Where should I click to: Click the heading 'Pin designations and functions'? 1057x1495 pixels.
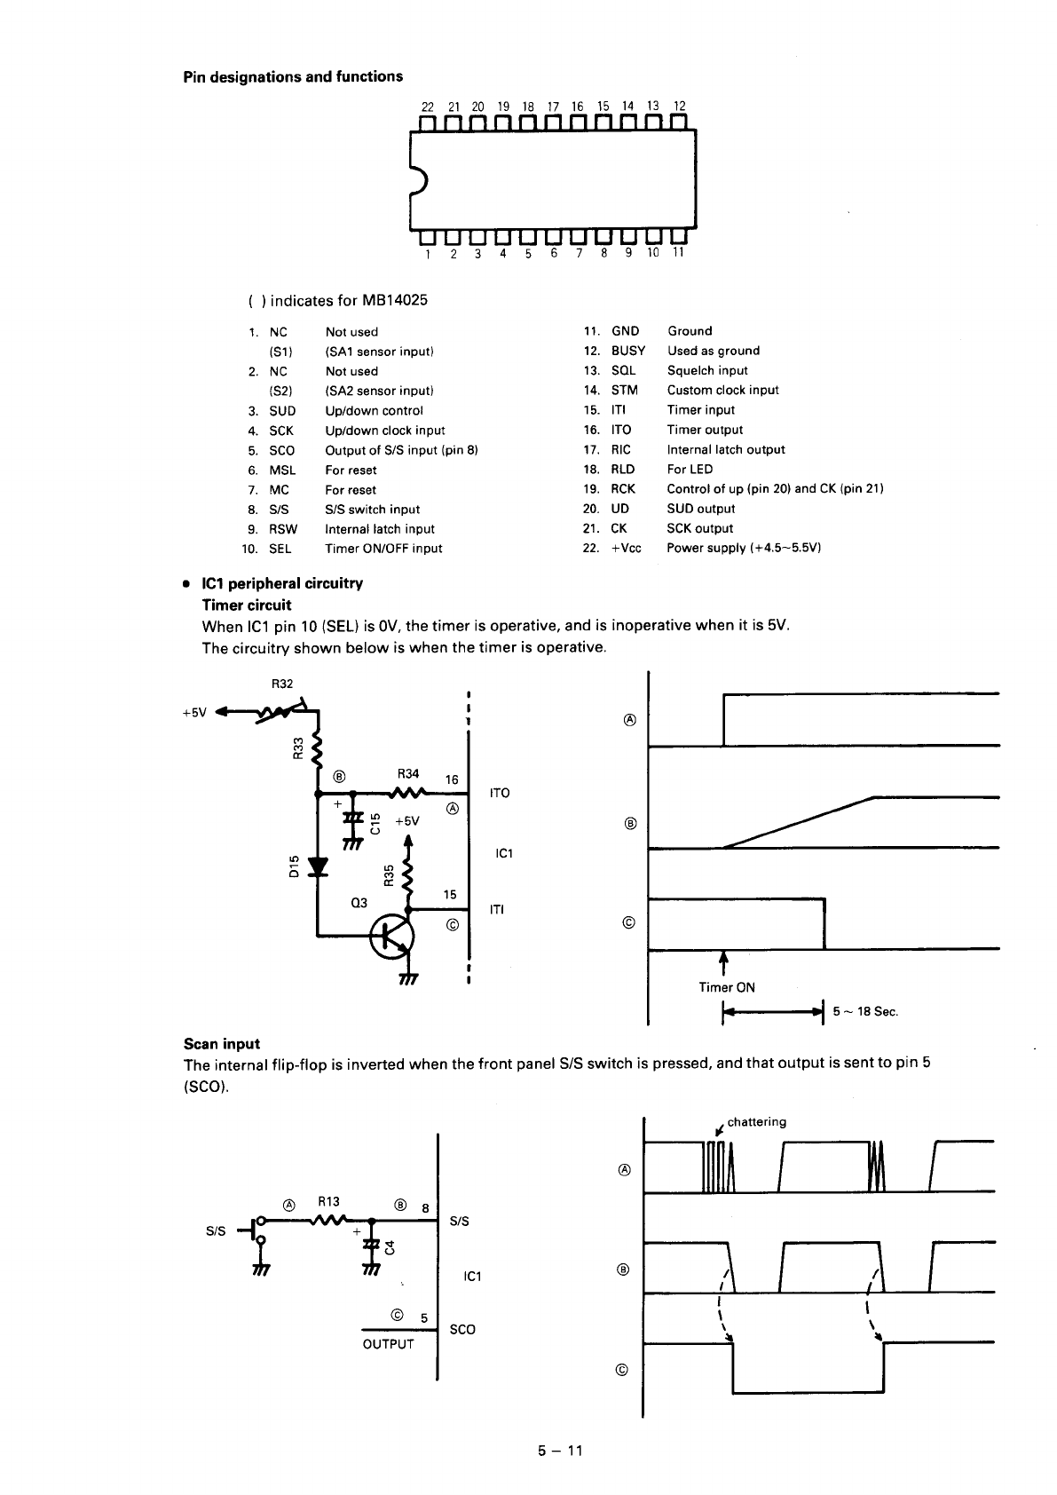pos(293,77)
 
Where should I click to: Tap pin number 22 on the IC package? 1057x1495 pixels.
pos(427,107)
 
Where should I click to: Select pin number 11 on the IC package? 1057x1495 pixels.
pos(677,252)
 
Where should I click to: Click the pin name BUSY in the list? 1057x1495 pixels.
pos(627,351)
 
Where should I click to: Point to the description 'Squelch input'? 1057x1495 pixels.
pos(707,370)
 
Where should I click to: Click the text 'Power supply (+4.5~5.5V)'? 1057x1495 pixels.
pos(744,548)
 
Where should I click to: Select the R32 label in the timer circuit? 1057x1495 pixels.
pos(281,684)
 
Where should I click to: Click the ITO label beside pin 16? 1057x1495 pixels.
pos(500,793)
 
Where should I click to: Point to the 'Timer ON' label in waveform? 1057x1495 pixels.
pos(727,987)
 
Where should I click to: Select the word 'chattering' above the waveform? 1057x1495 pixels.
pos(756,1122)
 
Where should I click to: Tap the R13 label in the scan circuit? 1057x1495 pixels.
pos(328,1203)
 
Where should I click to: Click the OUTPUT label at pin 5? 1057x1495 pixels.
pos(388,1344)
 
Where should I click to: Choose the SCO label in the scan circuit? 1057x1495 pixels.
pos(462,1329)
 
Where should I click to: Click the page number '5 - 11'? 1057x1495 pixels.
pos(559,1451)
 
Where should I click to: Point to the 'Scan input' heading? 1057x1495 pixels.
pos(222,1044)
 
